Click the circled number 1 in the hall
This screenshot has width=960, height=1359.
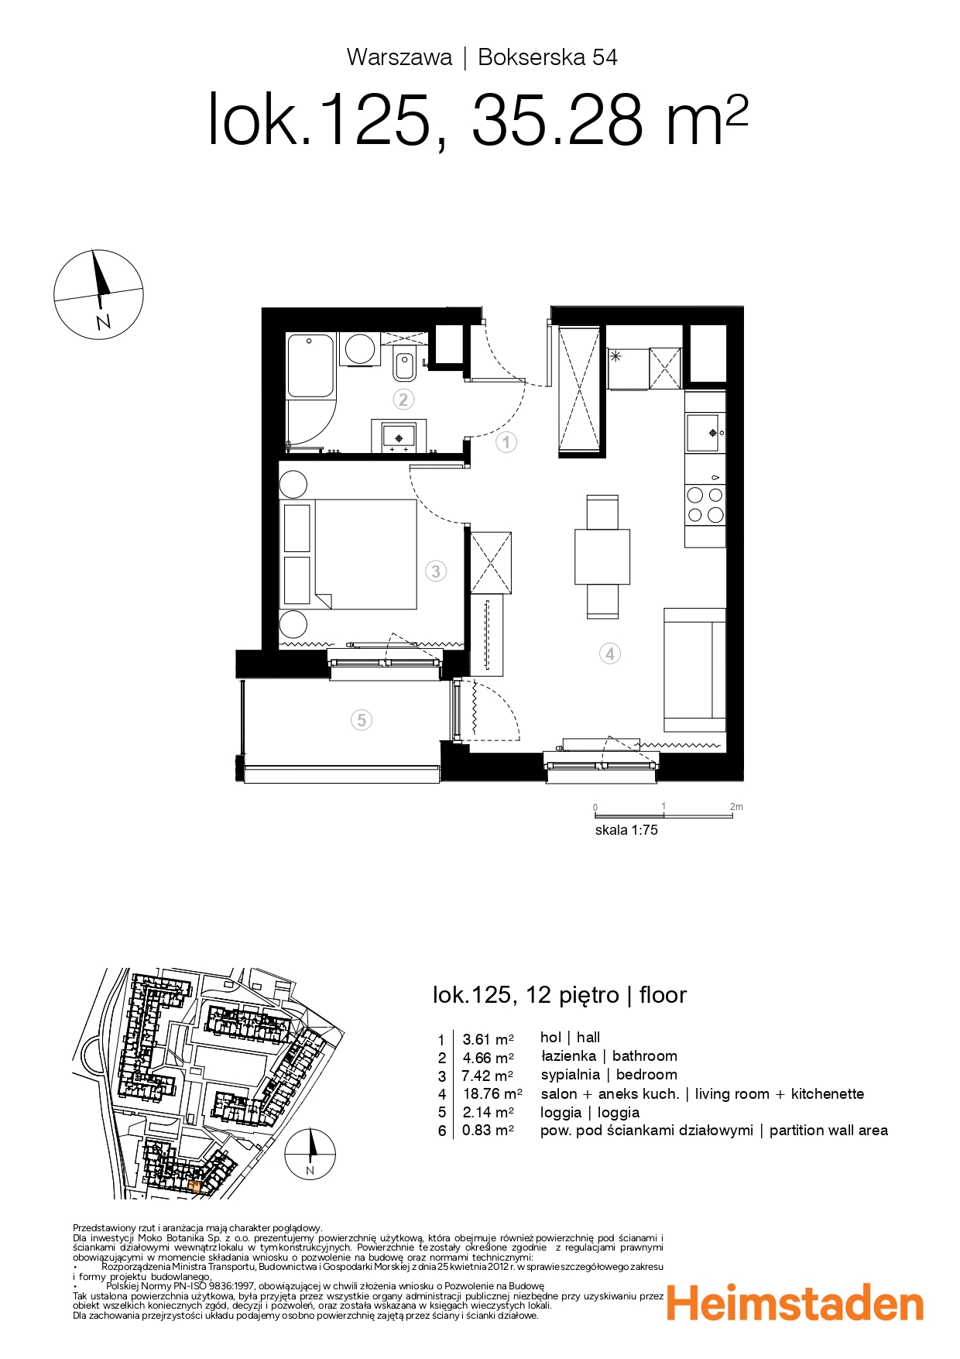point(506,442)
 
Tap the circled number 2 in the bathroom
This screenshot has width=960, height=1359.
point(403,400)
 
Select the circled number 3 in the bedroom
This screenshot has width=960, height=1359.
point(436,571)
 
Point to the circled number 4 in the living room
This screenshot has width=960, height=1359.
point(610,654)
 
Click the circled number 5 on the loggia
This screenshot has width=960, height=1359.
point(362,720)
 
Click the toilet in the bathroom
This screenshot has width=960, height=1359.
point(404,365)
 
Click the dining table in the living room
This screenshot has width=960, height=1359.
point(602,557)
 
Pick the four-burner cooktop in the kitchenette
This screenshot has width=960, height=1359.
point(705,504)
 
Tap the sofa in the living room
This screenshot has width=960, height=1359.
point(694,670)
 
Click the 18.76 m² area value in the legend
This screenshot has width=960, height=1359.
point(492,1094)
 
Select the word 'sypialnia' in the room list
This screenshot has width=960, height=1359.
point(571,1075)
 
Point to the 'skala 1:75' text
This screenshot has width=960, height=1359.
point(626,830)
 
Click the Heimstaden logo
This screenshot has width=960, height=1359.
point(795,1304)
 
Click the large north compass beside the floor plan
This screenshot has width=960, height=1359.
point(98,294)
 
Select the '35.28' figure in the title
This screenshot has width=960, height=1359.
point(557,121)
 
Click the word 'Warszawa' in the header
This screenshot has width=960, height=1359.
point(399,57)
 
